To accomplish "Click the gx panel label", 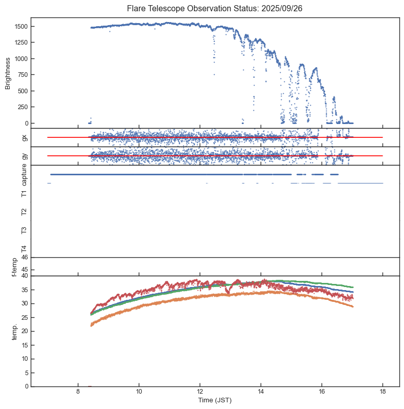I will click(24, 137).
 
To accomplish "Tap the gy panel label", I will click(24, 156).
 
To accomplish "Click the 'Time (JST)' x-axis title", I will click(215, 400).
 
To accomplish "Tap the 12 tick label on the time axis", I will click(200, 391).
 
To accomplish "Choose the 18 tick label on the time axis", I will click(382, 391).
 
